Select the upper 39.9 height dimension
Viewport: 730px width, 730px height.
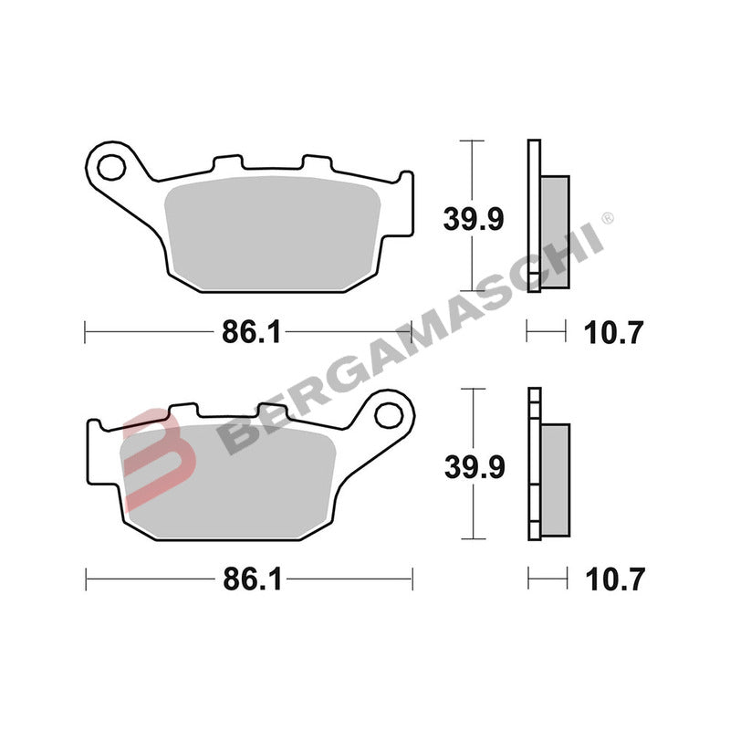474,220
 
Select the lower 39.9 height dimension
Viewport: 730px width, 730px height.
474,466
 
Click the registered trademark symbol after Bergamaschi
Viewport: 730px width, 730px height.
609,218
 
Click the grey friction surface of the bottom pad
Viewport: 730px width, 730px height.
228,479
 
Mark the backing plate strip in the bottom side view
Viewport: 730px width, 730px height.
534,465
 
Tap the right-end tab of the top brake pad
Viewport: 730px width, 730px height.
404,205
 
